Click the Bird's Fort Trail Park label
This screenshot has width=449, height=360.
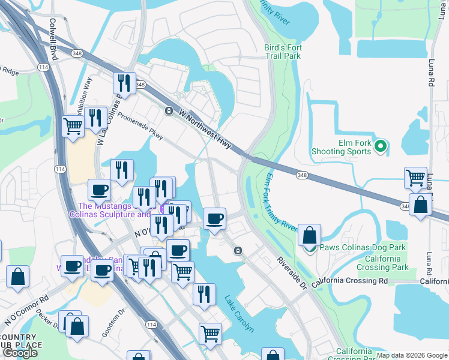coord(282,52)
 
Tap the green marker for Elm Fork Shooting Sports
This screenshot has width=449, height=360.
coord(380,146)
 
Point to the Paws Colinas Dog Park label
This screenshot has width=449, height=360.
coord(363,247)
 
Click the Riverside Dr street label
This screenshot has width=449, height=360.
coord(292,273)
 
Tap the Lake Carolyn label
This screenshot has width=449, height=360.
coord(240,314)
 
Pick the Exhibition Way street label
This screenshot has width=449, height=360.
coord(83,97)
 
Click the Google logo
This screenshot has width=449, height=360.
coord(19,353)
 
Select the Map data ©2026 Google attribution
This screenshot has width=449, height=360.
coord(412,355)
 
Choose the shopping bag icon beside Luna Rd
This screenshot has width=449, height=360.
coord(420,204)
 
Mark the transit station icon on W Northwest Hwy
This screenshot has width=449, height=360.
coord(169,111)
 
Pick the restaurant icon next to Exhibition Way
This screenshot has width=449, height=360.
coord(96,118)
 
